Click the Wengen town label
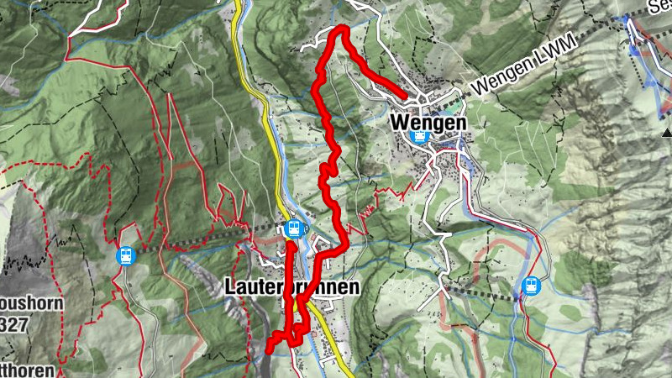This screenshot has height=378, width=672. coord(428,122)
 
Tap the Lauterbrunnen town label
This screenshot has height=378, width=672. coord(291,287)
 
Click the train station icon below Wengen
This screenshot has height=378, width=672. coord(417,136)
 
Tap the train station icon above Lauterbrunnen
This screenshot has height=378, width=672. coord(293,228)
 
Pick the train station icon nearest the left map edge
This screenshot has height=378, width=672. coord(125,255)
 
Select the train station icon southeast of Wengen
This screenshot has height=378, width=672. coord(530,286)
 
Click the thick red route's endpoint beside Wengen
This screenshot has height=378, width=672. coord(406,97)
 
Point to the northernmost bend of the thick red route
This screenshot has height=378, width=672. coord(343,29)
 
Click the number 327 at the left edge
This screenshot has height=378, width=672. coord(19,324)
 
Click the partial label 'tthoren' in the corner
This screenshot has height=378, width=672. coord(27,370)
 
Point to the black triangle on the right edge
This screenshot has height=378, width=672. coord(666,132)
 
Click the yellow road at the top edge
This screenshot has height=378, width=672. coord(238,8)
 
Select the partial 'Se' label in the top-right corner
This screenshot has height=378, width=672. coord(659,8)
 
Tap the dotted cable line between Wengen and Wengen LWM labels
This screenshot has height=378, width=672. coord(458,98)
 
